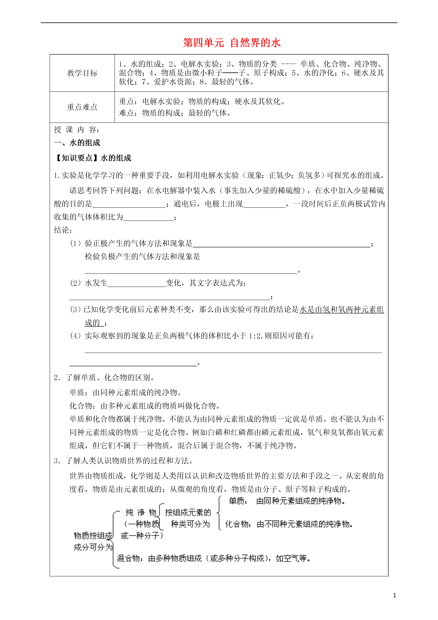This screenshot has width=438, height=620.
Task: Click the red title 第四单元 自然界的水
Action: pyautogui.click(x=232, y=43)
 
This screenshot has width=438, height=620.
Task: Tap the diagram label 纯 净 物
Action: pyautogui.click(x=141, y=512)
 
